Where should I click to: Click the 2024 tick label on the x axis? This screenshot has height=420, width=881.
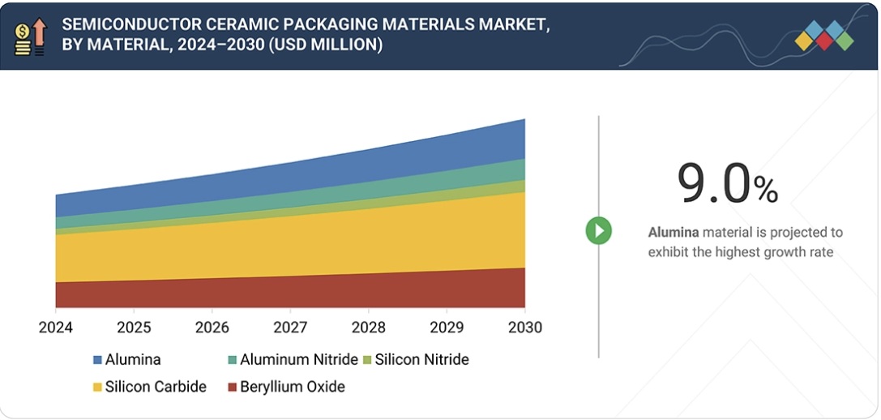[56, 328]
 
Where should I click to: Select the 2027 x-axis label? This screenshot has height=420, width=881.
[290, 328]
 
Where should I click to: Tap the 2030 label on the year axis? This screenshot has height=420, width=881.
[524, 328]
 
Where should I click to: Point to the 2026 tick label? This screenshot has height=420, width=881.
[212, 328]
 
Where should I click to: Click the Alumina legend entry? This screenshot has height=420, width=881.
[126, 359]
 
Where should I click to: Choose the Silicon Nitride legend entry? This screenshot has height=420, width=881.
[415, 359]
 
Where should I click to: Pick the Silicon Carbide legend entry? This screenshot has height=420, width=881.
[150, 387]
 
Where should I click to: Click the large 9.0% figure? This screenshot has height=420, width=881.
[727, 186]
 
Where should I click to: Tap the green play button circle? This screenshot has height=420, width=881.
[599, 231]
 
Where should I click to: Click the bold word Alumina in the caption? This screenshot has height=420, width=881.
[674, 233]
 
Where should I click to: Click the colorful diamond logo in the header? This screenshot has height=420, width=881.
[823, 36]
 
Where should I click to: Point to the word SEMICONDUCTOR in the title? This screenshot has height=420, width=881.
[126, 24]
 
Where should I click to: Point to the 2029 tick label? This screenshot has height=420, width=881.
[447, 328]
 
